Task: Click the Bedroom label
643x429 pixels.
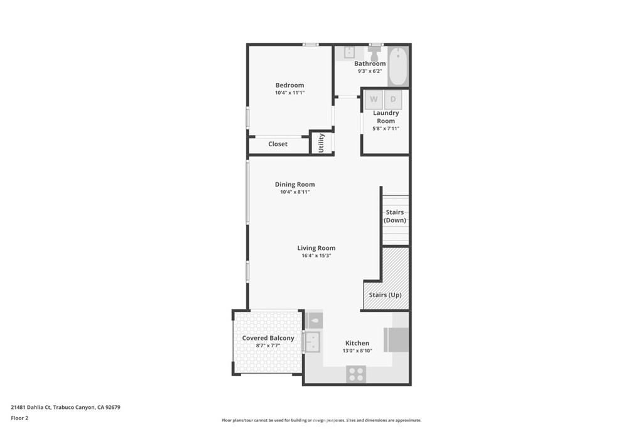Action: [x=289, y=85]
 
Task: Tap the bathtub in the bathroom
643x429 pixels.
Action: [x=398, y=66]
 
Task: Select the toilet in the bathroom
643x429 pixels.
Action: [x=376, y=53]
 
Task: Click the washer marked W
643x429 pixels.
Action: [x=374, y=99]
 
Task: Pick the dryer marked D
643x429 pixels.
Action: [x=393, y=99]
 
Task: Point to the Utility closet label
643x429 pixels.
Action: [x=321, y=143]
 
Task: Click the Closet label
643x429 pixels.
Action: [x=278, y=144]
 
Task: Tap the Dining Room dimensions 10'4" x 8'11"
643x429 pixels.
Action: [x=295, y=192]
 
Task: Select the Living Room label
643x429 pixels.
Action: [x=316, y=248]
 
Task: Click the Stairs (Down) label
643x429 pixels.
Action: [x=395, y=216]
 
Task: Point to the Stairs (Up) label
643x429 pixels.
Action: [x=385, y=295]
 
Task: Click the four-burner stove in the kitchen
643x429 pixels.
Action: [x=356, y=374]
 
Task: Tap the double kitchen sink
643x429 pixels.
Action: [x=311, y=342]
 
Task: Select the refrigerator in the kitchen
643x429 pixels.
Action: [x=397, y=340]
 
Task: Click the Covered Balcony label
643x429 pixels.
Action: [x=268, y=338]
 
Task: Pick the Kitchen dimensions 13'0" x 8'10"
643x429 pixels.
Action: [x=357, y=351]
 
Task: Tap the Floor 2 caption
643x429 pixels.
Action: [x=21, y=418]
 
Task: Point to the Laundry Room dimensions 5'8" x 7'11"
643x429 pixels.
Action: [x=386, y=129]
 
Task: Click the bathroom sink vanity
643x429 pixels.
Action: [x=349, y=53]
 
